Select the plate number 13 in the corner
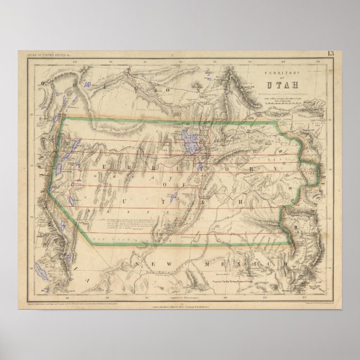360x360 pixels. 330,54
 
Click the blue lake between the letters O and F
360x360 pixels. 172,197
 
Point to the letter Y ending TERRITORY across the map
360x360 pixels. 275,169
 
